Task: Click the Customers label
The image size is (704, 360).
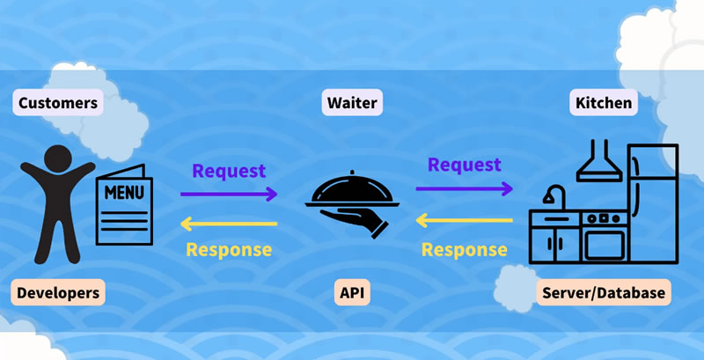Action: pos(57,103)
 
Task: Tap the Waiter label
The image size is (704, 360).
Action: pos(351,103)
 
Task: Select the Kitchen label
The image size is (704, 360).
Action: pos(603,103)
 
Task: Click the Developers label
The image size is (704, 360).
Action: pos(59,292)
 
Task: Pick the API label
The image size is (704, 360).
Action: pos(352,292)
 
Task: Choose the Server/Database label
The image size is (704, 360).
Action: pos(603,292)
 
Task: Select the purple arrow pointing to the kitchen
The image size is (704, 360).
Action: pos(464,188)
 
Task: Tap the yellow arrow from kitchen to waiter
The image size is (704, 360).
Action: pos(464,219)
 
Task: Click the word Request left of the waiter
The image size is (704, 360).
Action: pos(229,171)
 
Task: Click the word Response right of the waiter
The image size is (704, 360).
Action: pos(464,249)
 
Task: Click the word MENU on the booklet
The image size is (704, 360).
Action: pos(122,191)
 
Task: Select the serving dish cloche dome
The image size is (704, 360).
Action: pos(352,187)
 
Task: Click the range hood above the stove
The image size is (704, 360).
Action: pos(601,162)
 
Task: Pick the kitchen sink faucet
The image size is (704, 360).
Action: pos(552,195)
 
